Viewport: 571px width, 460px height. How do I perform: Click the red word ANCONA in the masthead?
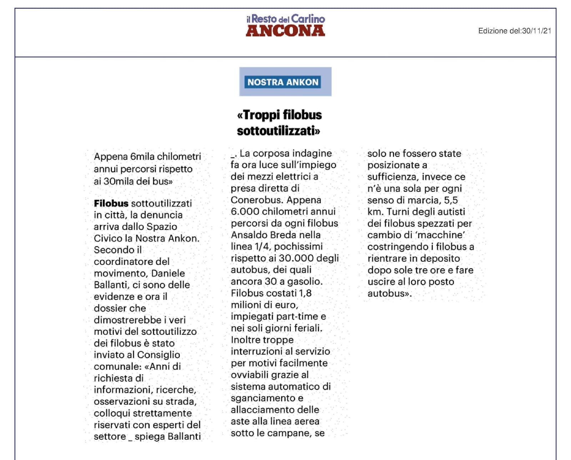285,31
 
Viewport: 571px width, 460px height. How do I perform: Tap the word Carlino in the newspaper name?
308,19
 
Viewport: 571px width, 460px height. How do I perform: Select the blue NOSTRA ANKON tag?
283,82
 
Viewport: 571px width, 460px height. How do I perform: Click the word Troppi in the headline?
261,115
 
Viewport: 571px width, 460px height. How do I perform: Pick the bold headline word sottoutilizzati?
278,131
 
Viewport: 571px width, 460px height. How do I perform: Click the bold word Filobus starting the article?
111,203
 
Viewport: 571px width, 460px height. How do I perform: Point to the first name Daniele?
168,273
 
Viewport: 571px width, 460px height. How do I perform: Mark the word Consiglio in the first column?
158,355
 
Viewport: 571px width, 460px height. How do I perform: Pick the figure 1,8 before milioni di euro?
305,293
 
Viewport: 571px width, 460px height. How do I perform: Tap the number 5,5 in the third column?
451,200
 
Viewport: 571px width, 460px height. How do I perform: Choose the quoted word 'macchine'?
444,235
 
